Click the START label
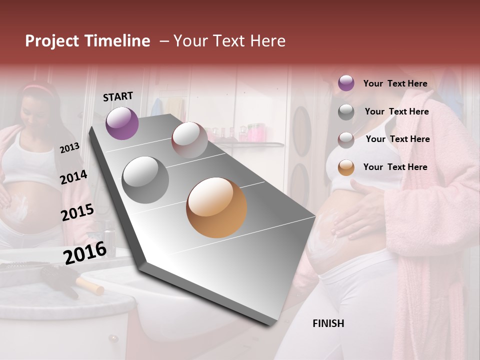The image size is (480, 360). [118, 96]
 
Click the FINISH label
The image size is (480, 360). [328, 323]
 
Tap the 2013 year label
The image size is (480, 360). [69, 148]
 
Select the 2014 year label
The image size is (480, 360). [73, 177]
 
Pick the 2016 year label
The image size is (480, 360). [85, 253]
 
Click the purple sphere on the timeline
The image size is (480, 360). [122, 123]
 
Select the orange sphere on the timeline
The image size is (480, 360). [216, 207]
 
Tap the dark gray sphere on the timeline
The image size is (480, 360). [145, 180]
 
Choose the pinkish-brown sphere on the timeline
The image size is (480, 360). [189, 140]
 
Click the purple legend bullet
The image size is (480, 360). [346, 83]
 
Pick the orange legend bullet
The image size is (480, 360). [346, 167]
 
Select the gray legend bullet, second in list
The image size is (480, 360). [346, 111]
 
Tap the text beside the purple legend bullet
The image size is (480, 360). [395, 83]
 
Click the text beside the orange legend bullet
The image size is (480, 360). [395, 167]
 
